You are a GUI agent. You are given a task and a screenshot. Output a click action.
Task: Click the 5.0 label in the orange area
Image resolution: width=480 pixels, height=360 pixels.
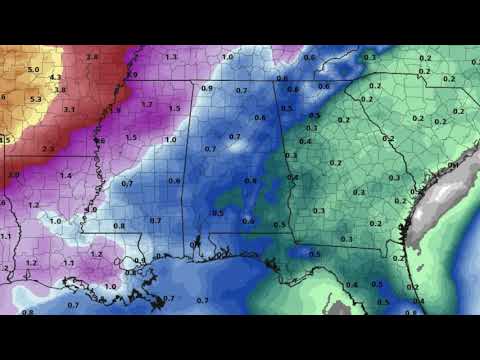(34, 70)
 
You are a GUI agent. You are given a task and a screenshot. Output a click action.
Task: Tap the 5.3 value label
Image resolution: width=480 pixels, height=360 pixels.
(36, 99)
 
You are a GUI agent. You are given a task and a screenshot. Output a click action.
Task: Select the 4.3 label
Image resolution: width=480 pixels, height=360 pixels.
(56, 77)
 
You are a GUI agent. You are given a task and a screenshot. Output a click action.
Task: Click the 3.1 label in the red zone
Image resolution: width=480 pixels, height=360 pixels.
(70, 108)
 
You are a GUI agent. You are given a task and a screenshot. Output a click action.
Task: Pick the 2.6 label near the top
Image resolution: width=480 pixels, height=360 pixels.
(92, 58)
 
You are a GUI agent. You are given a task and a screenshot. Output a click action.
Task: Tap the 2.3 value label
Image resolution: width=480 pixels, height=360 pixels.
(48, 148)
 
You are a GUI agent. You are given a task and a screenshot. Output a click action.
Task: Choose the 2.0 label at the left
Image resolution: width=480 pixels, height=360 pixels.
(14, 174)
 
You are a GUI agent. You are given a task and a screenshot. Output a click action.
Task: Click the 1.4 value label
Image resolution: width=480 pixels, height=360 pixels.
(66, 175)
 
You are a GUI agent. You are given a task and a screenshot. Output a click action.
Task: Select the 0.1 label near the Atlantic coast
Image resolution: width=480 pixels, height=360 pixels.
(453, 164)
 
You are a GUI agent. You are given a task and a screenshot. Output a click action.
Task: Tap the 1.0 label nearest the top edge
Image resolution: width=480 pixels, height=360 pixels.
(227, 57)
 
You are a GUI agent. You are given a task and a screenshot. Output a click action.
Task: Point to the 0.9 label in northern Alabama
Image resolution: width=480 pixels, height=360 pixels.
(207, 88)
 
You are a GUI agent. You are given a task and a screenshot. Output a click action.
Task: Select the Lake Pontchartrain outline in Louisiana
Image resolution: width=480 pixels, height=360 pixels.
(130, 262)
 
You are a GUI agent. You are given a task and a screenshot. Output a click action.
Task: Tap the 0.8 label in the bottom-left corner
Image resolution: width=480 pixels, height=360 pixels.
(27, 312)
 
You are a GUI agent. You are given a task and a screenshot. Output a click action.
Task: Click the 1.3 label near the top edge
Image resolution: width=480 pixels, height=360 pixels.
(171, 57)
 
